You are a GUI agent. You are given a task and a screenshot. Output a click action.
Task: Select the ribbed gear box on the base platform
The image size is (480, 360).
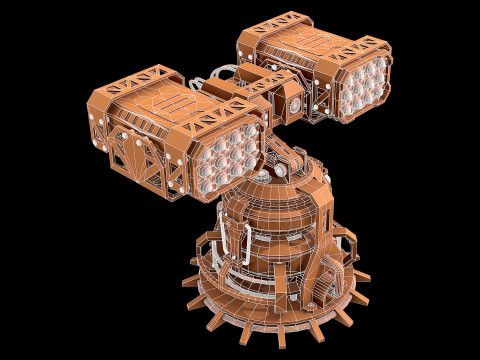[327, 280]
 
